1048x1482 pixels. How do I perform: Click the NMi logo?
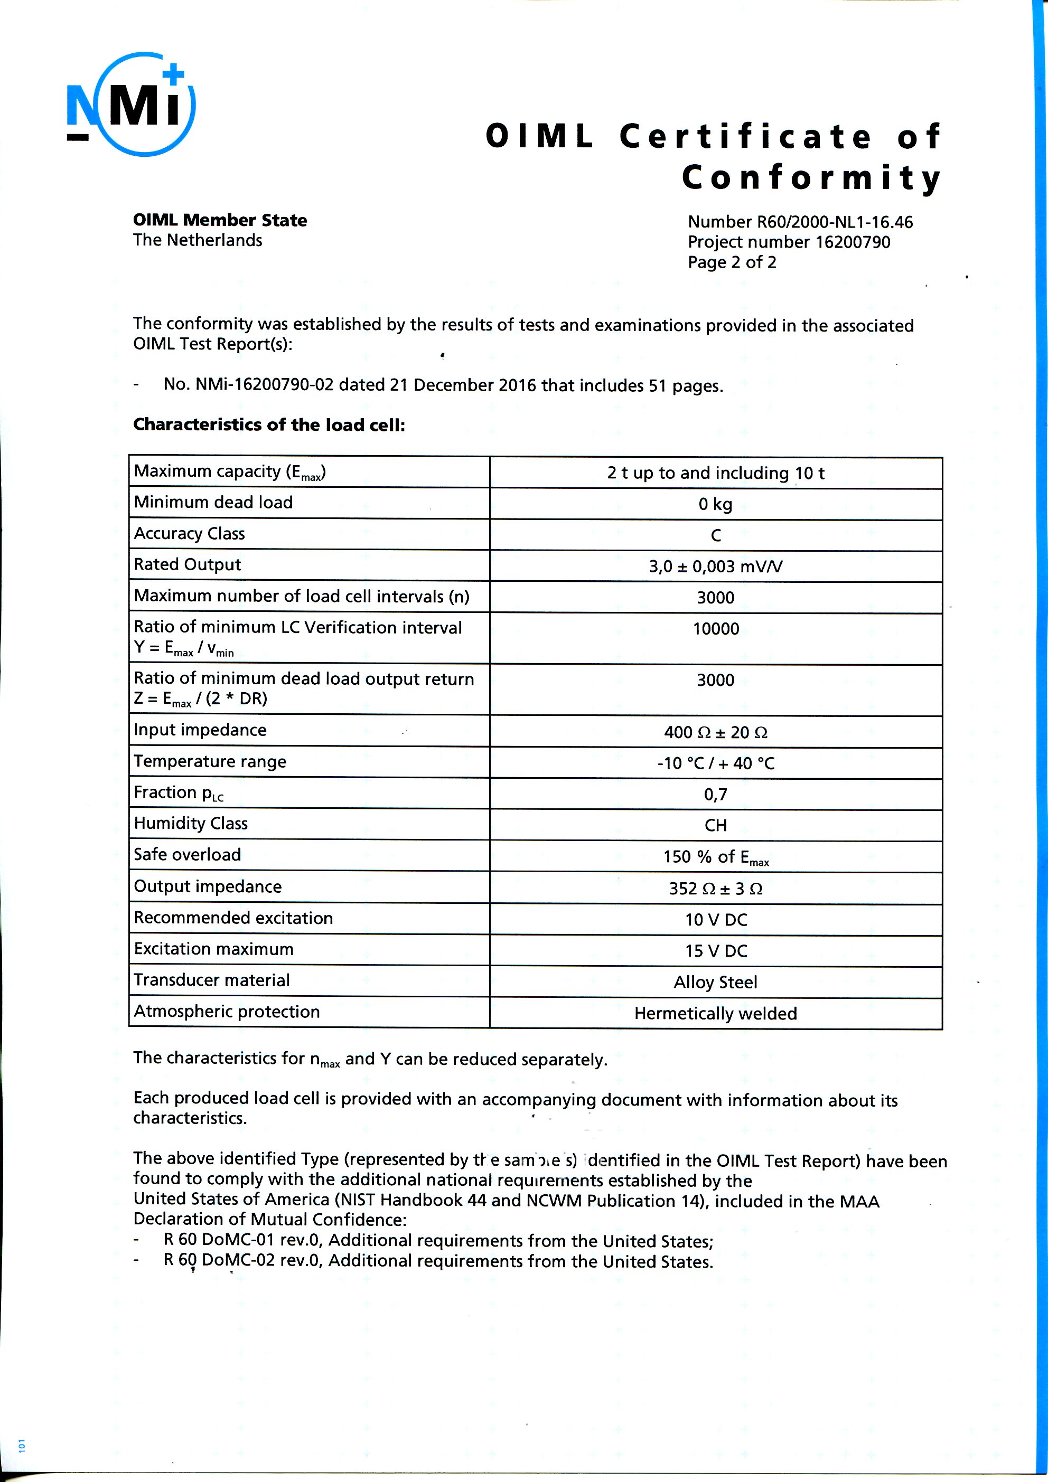[x=131, y=105]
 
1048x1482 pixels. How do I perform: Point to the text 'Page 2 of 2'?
[x=732, y=262]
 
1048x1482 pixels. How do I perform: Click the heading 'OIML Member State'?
[x=220, y=220]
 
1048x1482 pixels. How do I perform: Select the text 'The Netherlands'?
[x=198, y=240]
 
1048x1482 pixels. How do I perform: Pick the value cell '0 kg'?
[x=715, y=504]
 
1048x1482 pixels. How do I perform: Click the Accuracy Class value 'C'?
[x=715, y=535]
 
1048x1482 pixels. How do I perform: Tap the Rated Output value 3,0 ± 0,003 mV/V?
[x=715, y=566]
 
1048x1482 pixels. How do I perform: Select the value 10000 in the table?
[x=715, y=629]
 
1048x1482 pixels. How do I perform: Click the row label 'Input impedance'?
[x=200, y=730]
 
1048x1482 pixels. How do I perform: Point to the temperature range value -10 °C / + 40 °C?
[x=715, y=763]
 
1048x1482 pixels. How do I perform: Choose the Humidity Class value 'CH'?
[x=715, y=826]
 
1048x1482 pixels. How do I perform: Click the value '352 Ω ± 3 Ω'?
[x=715, y=889]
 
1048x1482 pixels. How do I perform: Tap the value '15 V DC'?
[x=715, y=951]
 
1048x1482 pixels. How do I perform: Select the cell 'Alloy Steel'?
[x=715, y=983]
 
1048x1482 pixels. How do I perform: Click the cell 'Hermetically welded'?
[x=715, y=1013]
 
